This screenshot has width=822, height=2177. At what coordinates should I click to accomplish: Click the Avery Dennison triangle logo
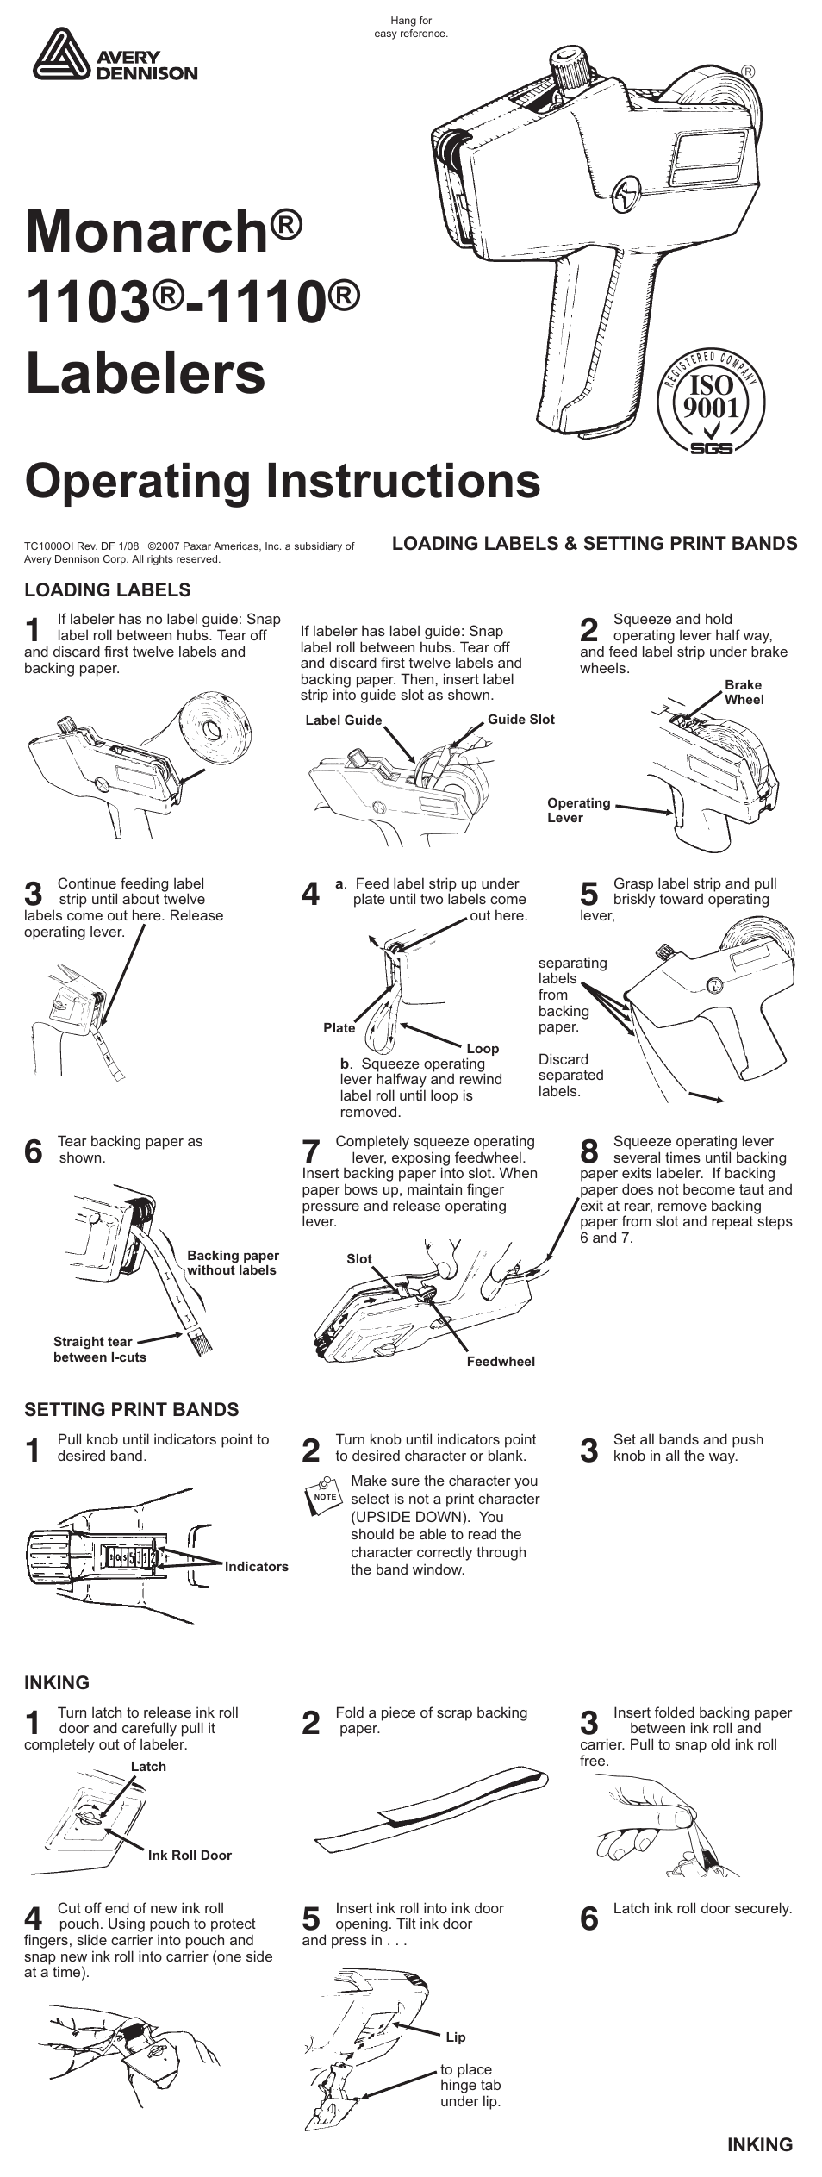pyautogui.click(x=61, y=54)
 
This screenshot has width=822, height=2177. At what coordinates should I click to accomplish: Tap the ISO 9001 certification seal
pyautogui.click(x=711, y=401)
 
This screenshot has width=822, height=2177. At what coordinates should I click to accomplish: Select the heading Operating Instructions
pyautogui.click(x=283, y=481)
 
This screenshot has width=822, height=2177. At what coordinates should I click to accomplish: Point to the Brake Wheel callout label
pyautogui.click(x=744, y=692)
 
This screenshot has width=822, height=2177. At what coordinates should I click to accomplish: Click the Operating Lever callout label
pyautogui.click(x=578, y=810)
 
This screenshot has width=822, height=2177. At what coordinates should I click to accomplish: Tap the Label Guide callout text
pyautogui.click(x=343, y=720)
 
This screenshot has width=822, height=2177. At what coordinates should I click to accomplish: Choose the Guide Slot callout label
pyautogui.click(x=520, y=720)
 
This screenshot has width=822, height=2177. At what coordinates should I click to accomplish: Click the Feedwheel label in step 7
pyautogui.click(x=501, y=1362)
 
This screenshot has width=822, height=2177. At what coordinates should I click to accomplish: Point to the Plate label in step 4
pyautogui.click(x=339, y=1027)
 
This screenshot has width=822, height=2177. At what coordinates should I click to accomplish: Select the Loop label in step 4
pyautogui.click(x=483, y=1048)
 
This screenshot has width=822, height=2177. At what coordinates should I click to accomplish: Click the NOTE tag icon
pyautogui.click(x=324, y=1495)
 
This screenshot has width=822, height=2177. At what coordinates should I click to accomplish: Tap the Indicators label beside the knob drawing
pyautogui.click(x=257, y=1567)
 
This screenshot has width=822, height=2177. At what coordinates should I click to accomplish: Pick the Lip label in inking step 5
pyautogui.click(x=456, y=2037)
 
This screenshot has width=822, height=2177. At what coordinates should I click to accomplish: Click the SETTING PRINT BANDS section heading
pyautogui.click(x=131, y=1410)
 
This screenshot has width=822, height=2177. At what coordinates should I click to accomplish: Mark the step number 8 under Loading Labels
pyautogui.click(x=589, y=1151)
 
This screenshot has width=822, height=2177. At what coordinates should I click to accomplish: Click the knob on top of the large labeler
pyautogui.click(x=570, y=66)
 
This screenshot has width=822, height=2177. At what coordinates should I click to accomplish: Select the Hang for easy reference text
pyautogui.click(x=411, y=28)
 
